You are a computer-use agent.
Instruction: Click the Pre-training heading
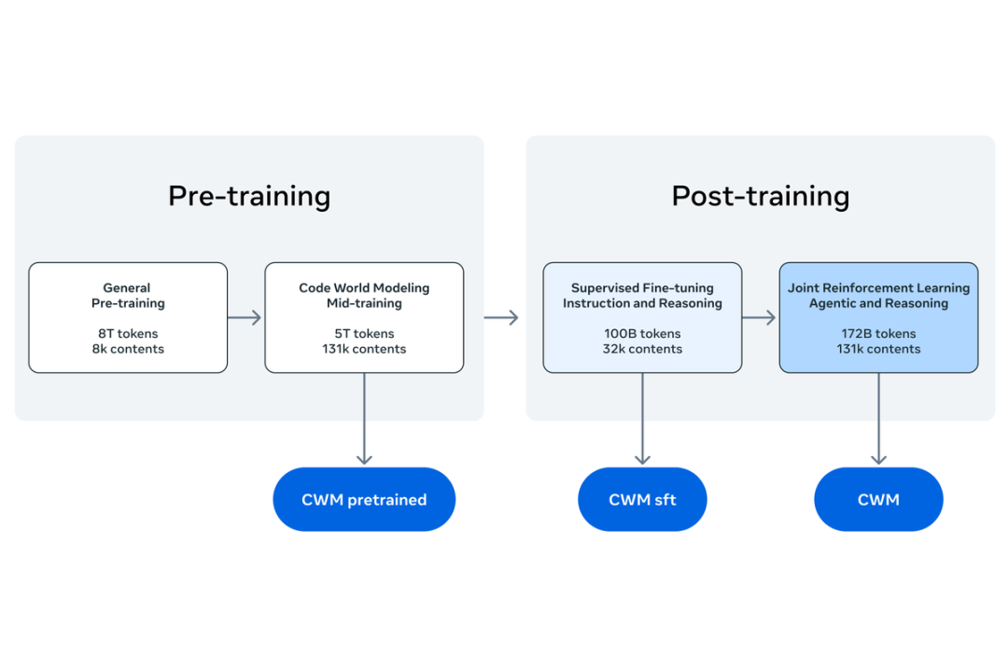(249, 196)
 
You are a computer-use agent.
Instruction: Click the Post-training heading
(761, 196)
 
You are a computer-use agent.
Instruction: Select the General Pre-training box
(128, 317)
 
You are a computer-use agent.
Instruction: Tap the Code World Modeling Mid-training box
(364, 317)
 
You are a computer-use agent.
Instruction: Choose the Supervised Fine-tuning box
(642, 317)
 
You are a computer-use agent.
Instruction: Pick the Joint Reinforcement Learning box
(878, 317)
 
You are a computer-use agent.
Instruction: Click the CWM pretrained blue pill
(364, 500)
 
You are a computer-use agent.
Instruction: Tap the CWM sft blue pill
(642, 500)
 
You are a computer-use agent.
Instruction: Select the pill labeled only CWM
(878, 500)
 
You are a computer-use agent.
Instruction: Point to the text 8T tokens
(128, 334)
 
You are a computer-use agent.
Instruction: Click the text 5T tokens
(364, 334)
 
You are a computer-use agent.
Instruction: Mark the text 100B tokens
(642, 334)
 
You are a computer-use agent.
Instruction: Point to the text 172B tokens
(878, 334)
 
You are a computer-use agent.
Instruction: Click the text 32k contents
(642, 349)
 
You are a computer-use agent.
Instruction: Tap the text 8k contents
(128, 349)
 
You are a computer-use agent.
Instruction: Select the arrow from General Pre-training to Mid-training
(245, 318)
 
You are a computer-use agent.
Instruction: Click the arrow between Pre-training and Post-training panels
(501, 318)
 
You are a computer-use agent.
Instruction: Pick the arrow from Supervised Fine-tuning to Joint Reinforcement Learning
(760, 318)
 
